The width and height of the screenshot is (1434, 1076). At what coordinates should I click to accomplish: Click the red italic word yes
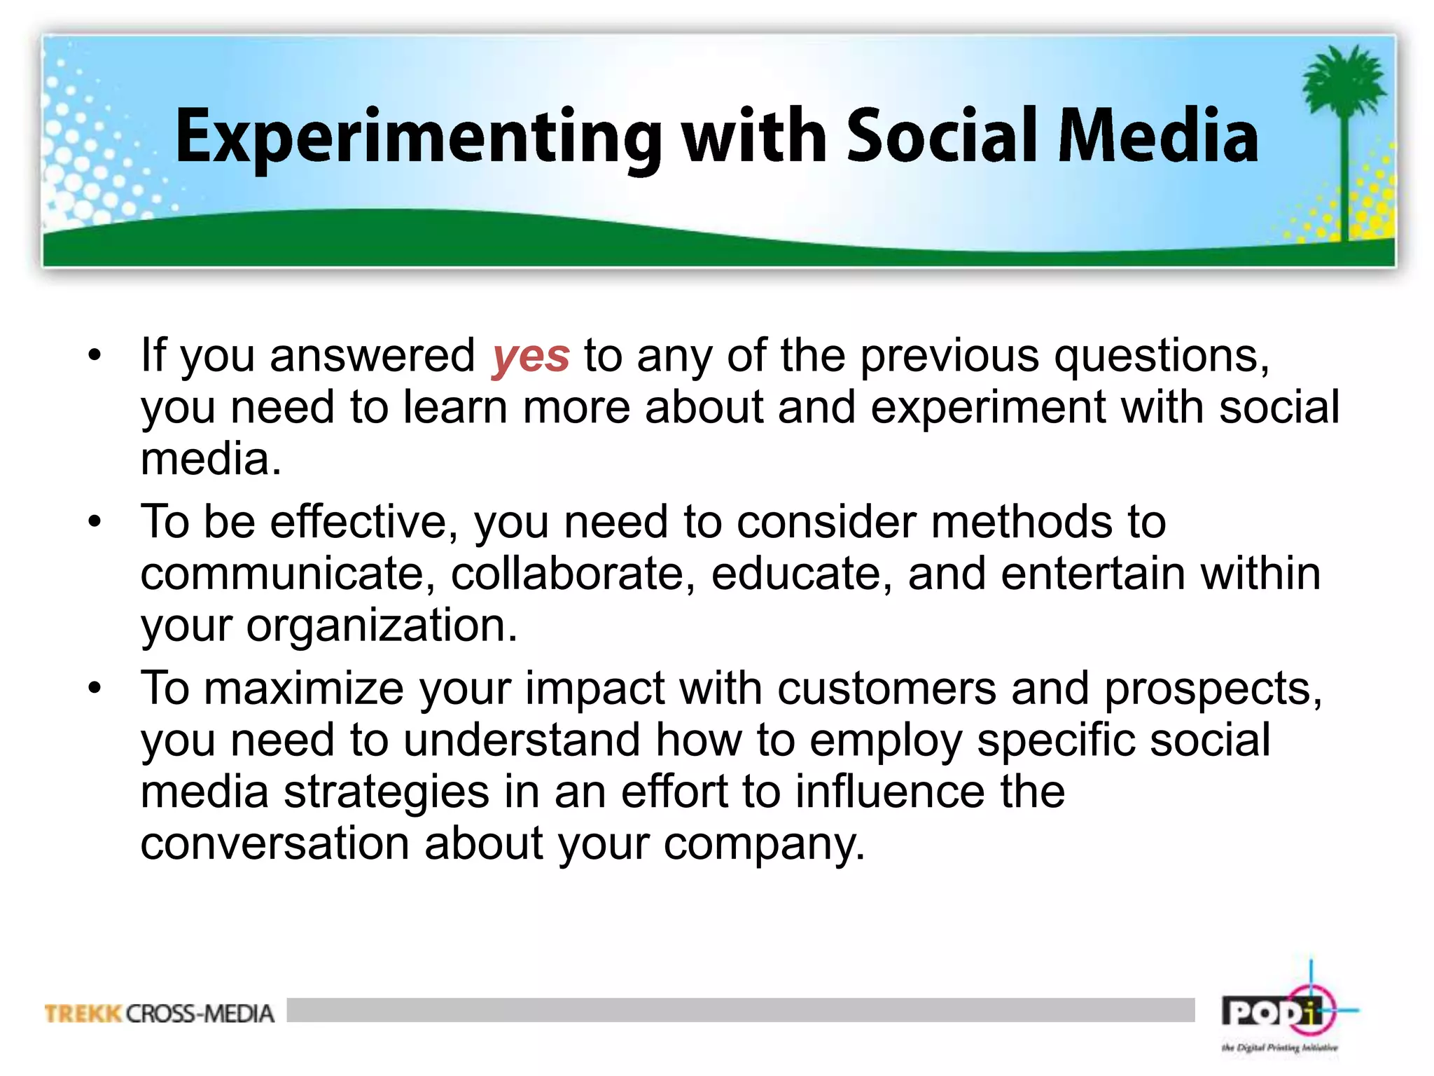(x=530, y=356)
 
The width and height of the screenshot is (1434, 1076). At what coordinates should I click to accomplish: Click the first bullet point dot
(x=95, y=355)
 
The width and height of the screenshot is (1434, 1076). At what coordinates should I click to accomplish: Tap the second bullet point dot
(x=95, y=522)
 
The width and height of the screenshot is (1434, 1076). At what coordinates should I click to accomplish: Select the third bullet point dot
(x=95, y=688)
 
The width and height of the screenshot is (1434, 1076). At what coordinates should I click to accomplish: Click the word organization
(x=382, y=626)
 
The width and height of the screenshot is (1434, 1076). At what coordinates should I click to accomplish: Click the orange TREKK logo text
(x=83, y=1014)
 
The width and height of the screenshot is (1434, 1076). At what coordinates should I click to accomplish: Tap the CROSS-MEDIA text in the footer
(x=200, y=1014)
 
